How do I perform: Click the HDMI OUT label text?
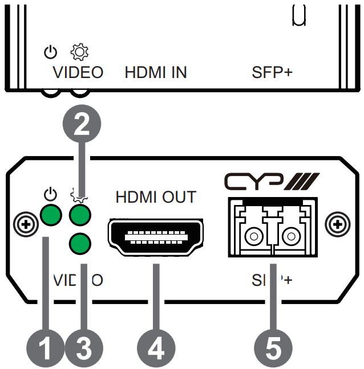[155, 198]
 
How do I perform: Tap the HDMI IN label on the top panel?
[156, 73]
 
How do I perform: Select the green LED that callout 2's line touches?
[80, 215]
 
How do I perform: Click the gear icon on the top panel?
[78, 53]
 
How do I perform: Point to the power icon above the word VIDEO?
[51, 53]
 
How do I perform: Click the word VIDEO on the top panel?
[78, 73]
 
